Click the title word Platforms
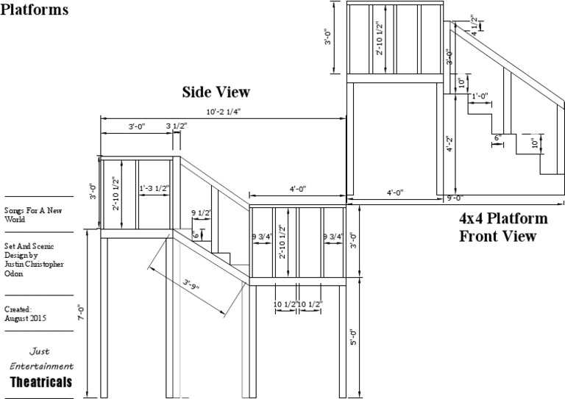[35, 10]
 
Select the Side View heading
[216, 93]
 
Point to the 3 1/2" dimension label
[177, 126]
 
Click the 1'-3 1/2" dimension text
[154, 189]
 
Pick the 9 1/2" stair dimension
[201, 213]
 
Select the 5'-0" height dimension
[354, 337]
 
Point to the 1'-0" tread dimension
[480, 96]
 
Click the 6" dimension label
[497, 137]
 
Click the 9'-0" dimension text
[454, 197]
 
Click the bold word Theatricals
[41, 382]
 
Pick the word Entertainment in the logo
[41, 365]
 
